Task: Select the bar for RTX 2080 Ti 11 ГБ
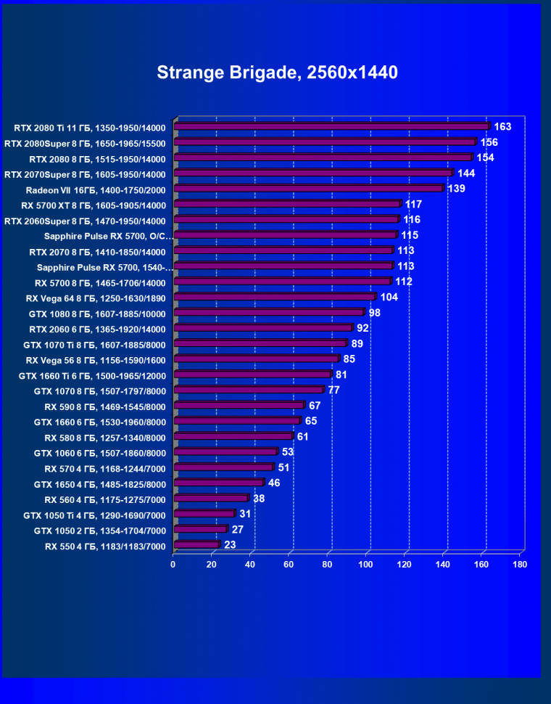click(x=331, y=127)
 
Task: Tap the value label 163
click(x=502, y=127)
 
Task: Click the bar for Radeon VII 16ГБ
click(x=308, y=189)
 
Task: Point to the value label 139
click(x=456, y=189)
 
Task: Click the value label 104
click(x=389, y=297)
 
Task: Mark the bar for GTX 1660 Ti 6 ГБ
click(x=252, y=375)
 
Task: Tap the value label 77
click(x=333, y=390)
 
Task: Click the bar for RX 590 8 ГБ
click(x=239, y=406)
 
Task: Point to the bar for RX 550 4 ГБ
click(x=196, y=544)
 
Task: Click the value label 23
click(x=231, y=544)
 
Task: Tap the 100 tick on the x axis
click(x=365, y=564)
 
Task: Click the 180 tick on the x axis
click(x=520, y=564)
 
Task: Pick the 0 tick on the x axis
click(x=173, y=564)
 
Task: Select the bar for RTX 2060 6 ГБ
click(x=262, y=329)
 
